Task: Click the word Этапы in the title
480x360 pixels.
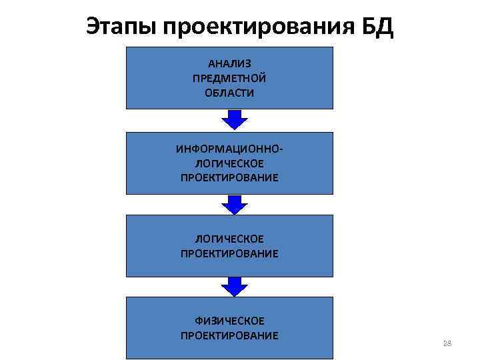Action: click(x=120, y=27)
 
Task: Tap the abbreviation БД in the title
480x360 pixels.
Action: click(x=376, y=27)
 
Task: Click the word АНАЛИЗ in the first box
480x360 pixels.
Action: click(x=229, y=65)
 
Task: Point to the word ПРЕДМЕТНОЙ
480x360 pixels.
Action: click(x=229, y=79)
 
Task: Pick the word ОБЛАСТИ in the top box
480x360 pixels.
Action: click(x=229, y=93)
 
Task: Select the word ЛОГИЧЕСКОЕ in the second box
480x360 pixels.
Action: click(x=229, y=163)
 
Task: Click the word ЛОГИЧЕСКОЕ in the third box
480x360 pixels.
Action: click(x=229, y=239)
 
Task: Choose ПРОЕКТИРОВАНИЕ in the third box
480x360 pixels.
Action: click(x=229, y=253)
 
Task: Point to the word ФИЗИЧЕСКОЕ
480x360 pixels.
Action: click(x=229, y=321)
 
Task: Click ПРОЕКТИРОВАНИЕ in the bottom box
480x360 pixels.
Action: click(x=229, y=335)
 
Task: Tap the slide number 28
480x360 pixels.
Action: click(x=447, y=343)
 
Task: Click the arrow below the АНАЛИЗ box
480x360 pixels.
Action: click(x=234, y=119)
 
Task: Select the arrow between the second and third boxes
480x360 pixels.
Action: click(x=234, y=203)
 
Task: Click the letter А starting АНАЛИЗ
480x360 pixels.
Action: click(x=212, y=65)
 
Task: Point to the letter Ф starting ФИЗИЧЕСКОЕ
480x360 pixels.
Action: click(x=198, y=321)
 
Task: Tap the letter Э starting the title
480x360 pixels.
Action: click(x=93, y=27)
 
